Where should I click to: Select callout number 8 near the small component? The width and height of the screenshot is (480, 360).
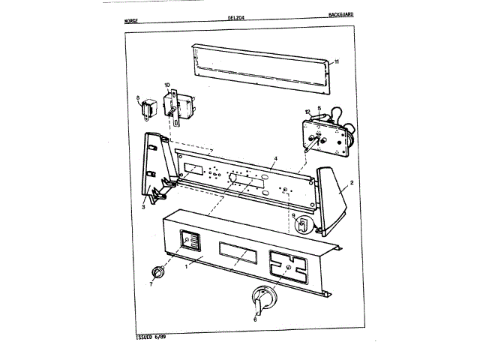point(138,97)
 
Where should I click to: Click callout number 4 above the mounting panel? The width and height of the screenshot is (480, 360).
point(275,159)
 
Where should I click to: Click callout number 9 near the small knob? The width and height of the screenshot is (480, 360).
point(293,215)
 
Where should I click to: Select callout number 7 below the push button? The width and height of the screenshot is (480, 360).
point(150,284)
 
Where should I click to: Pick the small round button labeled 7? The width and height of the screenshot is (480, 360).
point(158,270)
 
